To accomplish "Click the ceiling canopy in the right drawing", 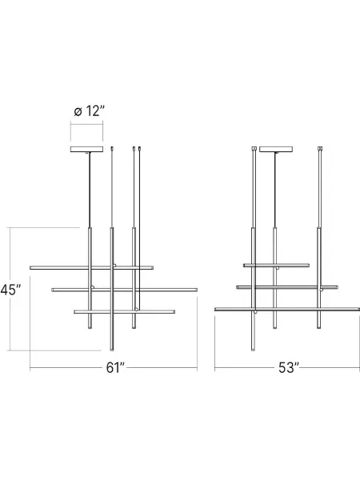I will (275, 149).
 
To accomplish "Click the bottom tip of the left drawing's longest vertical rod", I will (112, 349).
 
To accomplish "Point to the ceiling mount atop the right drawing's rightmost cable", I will (320, 148).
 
